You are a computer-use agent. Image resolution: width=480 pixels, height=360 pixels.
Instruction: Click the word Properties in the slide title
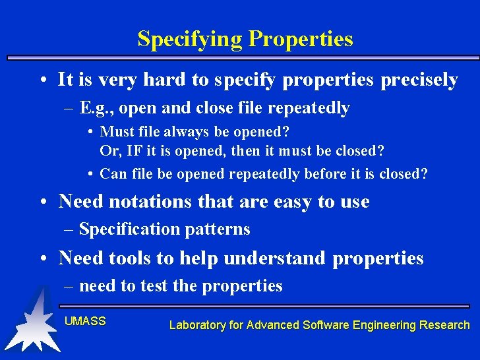pos(300,40)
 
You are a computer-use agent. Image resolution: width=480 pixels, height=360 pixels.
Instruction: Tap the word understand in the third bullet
pos(274,258)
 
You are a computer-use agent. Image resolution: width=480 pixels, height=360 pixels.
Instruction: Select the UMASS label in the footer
pos(85,321)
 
